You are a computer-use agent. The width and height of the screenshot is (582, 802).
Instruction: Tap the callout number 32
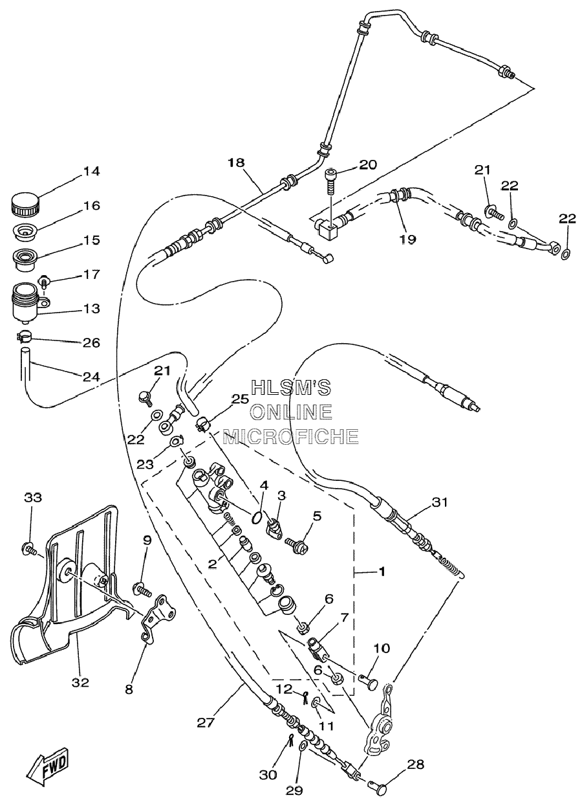coord(80,682)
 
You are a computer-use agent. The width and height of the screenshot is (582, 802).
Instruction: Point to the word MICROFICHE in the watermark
coord(291,436)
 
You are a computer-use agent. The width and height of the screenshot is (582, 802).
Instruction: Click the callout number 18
coord(237,162)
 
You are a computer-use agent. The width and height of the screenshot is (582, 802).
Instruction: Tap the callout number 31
coord(440,502)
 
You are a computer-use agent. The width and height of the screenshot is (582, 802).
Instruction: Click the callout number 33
coord(33,497)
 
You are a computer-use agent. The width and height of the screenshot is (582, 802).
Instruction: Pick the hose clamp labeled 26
coord(24,337)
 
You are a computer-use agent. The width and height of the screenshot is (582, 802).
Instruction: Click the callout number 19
coord(408,239)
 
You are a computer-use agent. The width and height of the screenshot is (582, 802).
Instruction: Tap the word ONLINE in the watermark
coord(291,412)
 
